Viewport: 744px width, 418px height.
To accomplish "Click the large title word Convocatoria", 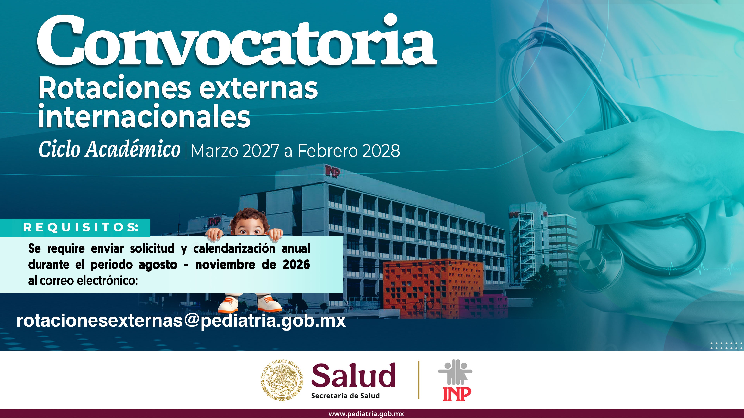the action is (237, 40).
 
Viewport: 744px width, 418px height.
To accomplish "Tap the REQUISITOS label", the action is (81, 227).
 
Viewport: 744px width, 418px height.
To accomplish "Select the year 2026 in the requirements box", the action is (296, 264).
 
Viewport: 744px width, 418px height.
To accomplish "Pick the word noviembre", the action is (225, 264).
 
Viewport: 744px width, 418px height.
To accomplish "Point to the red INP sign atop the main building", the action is (333, 172).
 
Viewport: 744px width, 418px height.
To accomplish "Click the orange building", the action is (433, 287).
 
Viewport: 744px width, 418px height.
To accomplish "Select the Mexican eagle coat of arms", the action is (282, 380).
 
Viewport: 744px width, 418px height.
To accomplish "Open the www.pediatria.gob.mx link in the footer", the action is (366, 414).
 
